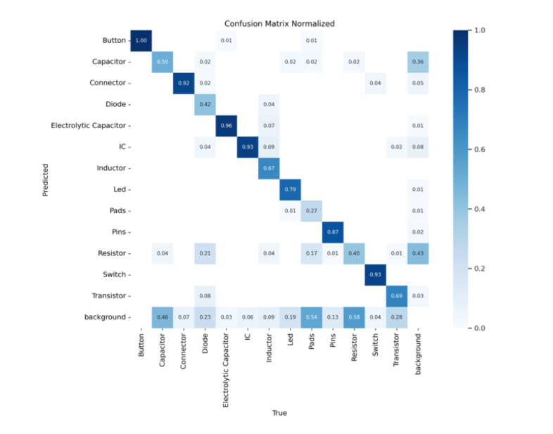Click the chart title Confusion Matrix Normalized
coord(279,23)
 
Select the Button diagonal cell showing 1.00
coord(141,40)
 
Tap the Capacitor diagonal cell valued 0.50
coord(163,61)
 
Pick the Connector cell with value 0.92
coord(184,83)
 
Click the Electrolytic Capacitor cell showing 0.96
coord(227,125)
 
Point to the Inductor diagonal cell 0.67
coord(269,168)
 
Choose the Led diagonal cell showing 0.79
coord(290,189)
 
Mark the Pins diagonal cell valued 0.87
coord(333,231)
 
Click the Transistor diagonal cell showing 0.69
coord(396,295)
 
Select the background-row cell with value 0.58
coord(354,317)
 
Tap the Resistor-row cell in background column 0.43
coord(418,253)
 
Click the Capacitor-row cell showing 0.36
coord(418,61)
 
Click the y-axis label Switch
coord(115,274)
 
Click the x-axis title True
coord(279,413)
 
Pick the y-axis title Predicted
coord(46,179)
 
